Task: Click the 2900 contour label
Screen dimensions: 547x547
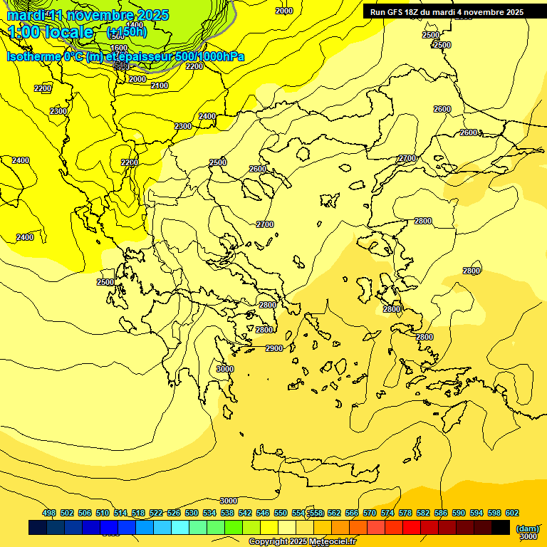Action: (274, 348)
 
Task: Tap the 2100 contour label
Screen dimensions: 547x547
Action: (160, 85)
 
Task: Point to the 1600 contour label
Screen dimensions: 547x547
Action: (119, 48)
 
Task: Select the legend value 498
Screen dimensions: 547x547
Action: (49, 513)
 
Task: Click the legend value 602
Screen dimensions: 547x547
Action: (511, 513)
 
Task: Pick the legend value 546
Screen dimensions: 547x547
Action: (263, 513)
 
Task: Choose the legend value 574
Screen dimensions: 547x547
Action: (387, 513)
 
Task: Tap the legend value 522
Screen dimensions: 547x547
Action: (156, 513)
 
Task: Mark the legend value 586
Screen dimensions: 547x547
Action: (440, 513)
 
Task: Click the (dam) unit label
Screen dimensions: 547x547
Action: (527, 528)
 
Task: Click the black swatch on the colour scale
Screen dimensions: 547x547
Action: (501, 528)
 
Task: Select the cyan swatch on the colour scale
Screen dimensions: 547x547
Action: (180, 528)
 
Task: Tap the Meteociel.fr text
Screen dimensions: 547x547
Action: (332, 542)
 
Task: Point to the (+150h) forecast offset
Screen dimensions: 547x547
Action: (127, 32)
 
